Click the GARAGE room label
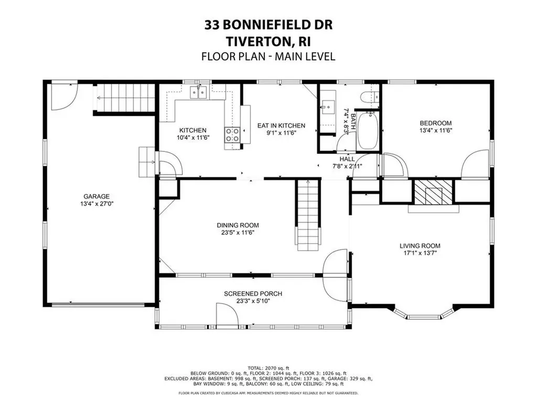95,196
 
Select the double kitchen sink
198,94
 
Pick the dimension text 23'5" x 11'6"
238,232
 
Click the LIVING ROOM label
420,246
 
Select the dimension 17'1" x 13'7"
420,253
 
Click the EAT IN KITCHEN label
281,125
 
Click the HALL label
347,159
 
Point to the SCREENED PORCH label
253,294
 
